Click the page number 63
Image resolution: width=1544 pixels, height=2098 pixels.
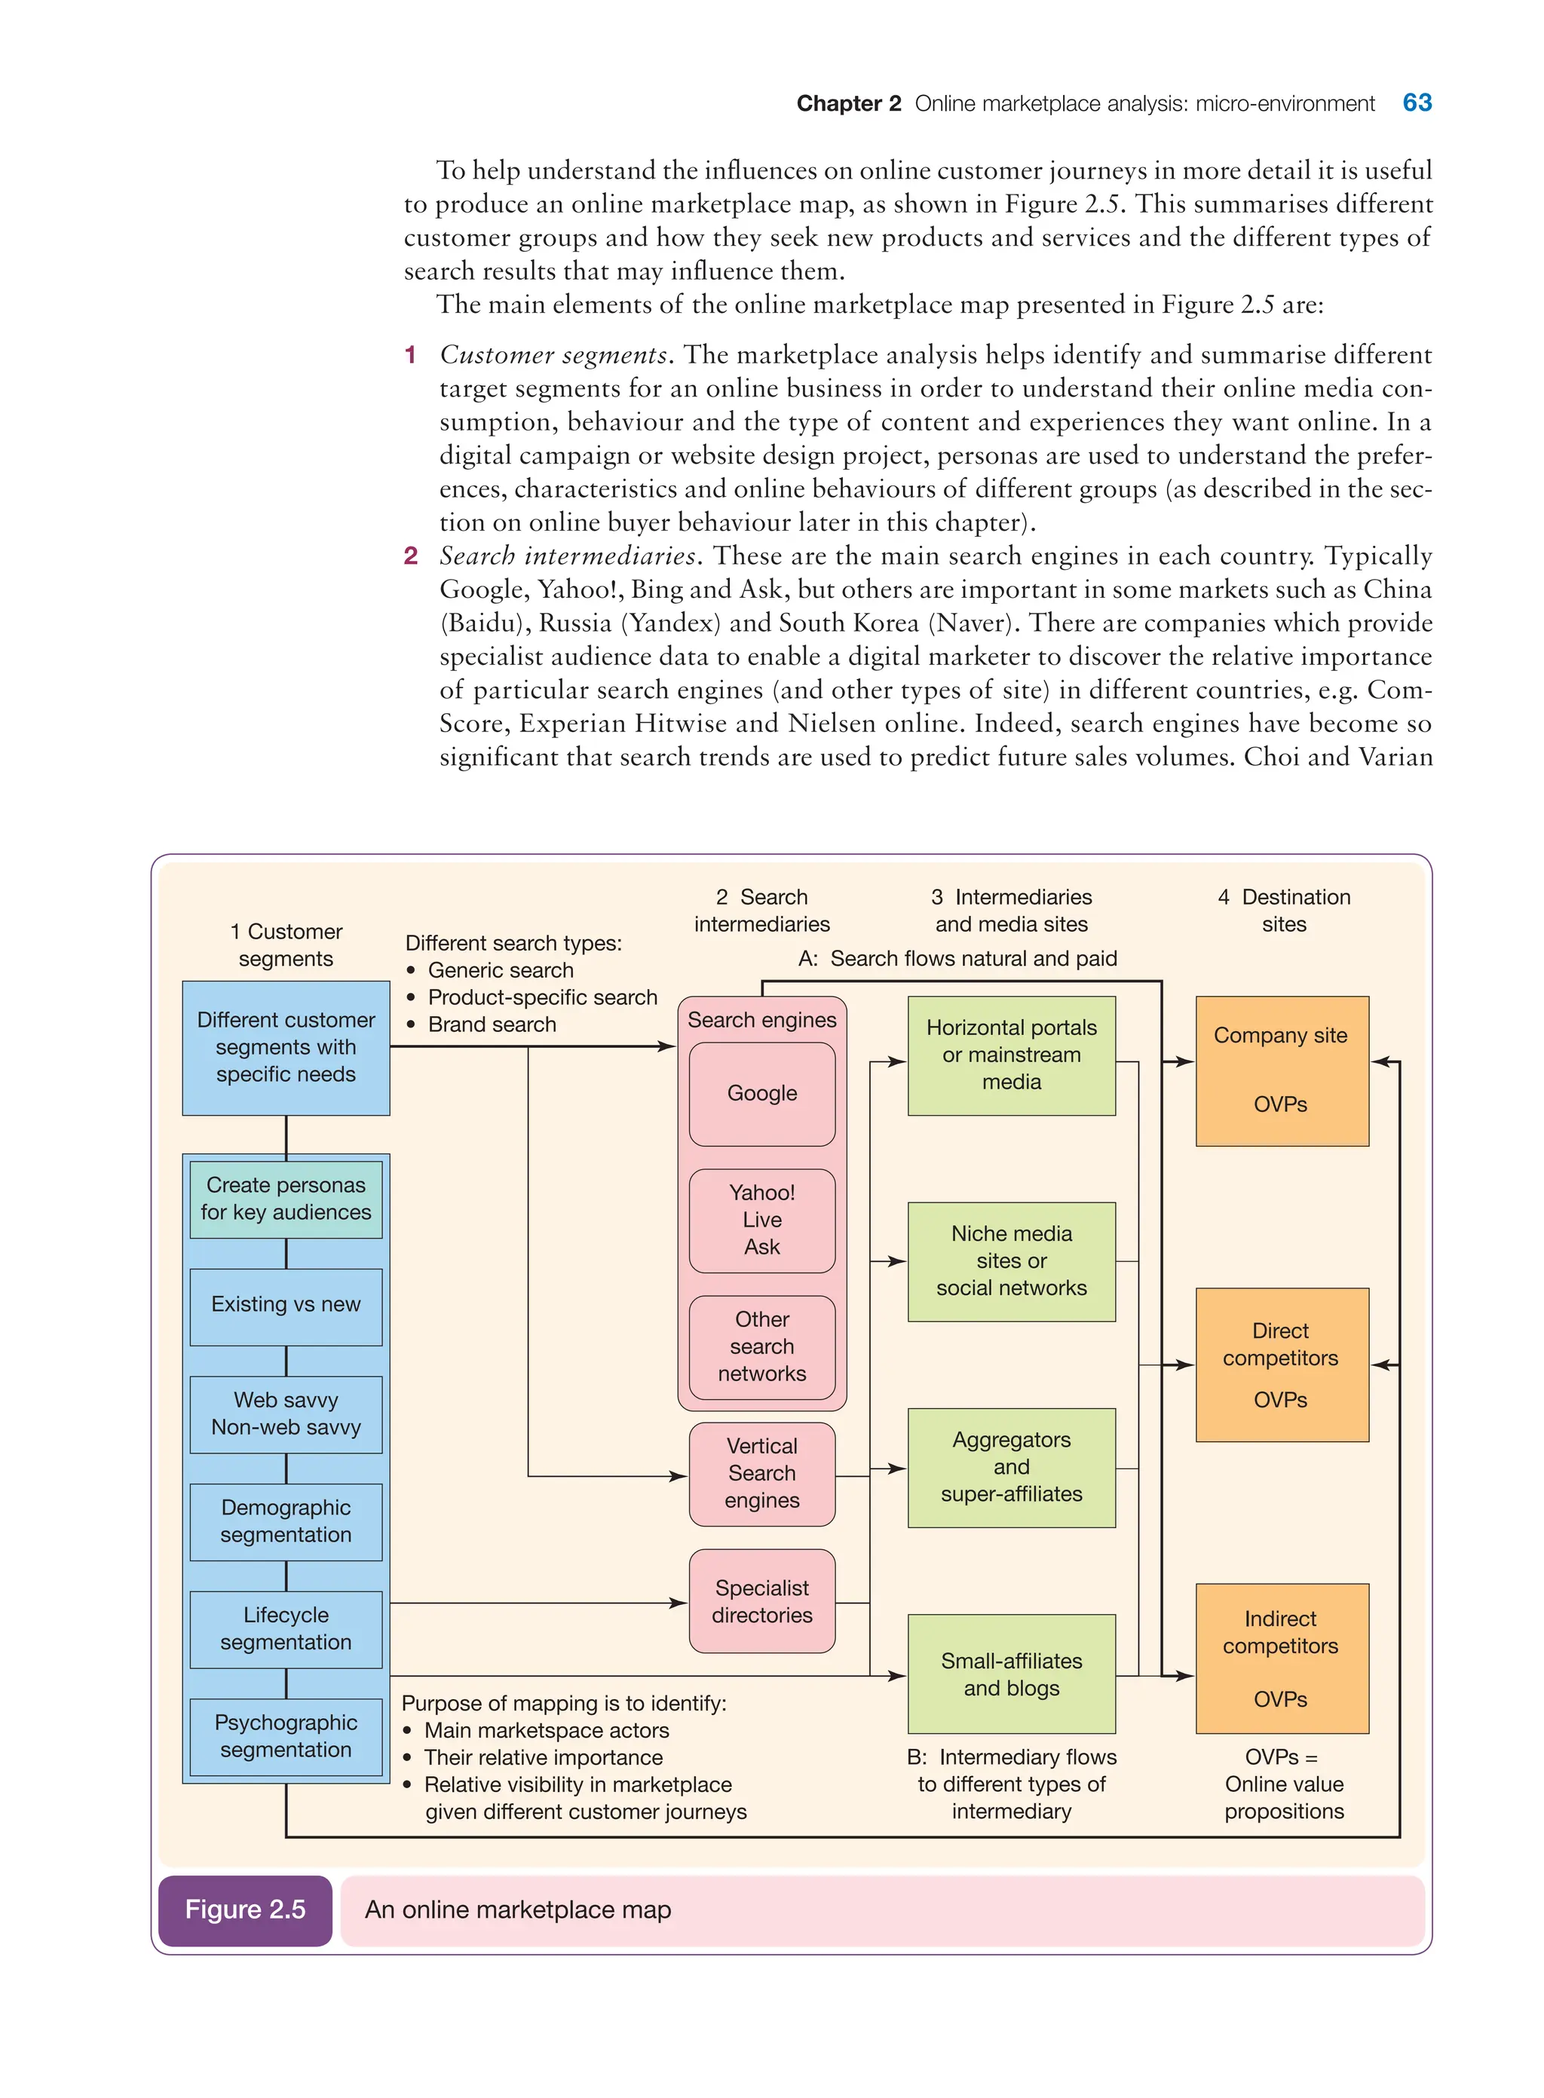point(1416,103)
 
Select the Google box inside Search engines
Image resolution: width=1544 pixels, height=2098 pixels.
point(761,1093)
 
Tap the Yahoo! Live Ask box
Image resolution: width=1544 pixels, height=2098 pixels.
point(761,1220)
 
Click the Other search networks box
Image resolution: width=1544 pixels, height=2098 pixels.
point(761,1346)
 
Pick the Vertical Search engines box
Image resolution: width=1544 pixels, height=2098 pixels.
point(761,1473)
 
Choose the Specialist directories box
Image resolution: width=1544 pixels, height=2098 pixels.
point(761,1601)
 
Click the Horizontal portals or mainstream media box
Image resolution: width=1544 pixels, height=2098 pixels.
point(1011,1055)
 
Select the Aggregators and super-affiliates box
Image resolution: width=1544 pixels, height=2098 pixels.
point(1011,1467)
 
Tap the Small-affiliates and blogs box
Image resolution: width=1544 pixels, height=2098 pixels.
point(1011,1674)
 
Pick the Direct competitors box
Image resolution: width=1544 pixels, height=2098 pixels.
point(1282,1364)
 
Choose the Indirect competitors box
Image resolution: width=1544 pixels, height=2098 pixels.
point(1282,1658)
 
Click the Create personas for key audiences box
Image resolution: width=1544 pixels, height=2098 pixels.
point(286,1199)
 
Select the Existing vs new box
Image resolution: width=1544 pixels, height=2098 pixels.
point(286,1306)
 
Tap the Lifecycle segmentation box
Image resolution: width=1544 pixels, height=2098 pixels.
point(286,1629)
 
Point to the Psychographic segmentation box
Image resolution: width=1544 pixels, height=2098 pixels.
point(286,1736)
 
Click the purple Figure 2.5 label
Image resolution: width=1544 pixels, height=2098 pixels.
point(245,1910)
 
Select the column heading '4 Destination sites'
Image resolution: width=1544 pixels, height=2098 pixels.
point(1284,910)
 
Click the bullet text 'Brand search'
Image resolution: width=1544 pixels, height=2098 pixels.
point(492,1024)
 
